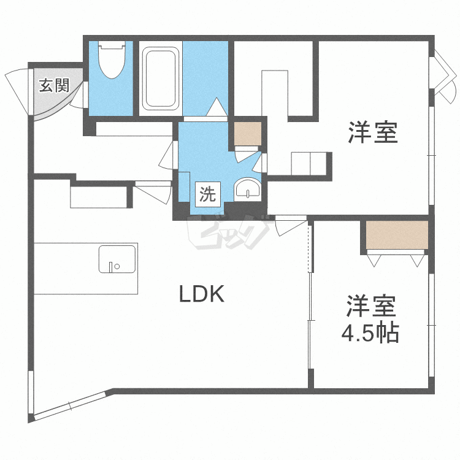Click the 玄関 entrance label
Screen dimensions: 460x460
[54, 85]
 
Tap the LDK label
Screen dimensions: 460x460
[202, 294]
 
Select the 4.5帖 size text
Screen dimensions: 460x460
[370, 332]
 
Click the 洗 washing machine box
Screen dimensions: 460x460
[208, 194]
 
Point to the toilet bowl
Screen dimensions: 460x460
[112, 59]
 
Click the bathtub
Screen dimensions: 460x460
[161, 79]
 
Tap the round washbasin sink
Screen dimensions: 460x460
[247, 189]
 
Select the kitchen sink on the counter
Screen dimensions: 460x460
[117, 259]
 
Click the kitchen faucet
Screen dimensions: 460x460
[110, 267]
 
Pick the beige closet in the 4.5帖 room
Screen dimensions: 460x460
[397, 236]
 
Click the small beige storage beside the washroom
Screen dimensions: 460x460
[248, 134]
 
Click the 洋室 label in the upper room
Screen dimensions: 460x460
[373, 132]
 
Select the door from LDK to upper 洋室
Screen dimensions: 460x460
[291, 224]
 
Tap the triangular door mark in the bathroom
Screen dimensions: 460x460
[217, 107]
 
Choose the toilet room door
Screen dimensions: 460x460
[80, 95]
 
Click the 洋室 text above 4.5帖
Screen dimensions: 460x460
[371, 306]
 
